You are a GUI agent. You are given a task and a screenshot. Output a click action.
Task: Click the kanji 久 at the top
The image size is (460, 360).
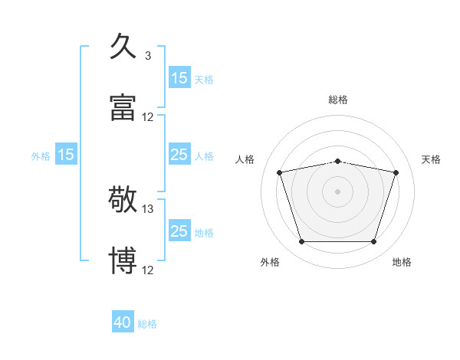(123, 46)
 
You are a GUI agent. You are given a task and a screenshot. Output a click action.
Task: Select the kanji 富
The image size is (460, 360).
(123, 107)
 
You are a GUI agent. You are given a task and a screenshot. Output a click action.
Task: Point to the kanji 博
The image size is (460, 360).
(123, 260)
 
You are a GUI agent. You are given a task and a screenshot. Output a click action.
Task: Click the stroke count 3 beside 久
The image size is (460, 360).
(148, 56)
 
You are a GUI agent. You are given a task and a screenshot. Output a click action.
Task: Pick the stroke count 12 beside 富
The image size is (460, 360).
(148, 117)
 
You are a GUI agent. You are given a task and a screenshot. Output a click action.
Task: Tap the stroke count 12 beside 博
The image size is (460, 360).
(148, 270)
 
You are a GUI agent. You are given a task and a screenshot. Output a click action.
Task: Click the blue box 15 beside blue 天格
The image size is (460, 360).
(179, 77)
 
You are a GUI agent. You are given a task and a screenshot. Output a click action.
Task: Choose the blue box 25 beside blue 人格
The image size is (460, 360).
(179, 155)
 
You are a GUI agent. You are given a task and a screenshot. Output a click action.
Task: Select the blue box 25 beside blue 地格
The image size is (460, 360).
(179, 231)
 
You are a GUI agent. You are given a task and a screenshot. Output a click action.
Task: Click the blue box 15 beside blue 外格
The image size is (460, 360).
(66, 155)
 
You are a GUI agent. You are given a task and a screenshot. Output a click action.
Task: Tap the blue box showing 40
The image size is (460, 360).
(123, 323)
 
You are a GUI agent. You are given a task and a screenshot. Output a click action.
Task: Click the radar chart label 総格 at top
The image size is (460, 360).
(338, 100)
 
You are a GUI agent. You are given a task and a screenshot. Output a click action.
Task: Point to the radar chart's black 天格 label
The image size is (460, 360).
(432, 159)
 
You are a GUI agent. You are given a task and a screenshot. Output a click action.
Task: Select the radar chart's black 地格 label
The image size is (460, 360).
(402, 262)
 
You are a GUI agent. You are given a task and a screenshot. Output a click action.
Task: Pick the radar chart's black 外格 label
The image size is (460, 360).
(270, 262)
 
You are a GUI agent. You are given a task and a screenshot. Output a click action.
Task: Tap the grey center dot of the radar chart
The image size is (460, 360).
(338, 191)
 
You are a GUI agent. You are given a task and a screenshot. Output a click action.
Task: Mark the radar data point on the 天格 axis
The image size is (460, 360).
(396, 172)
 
